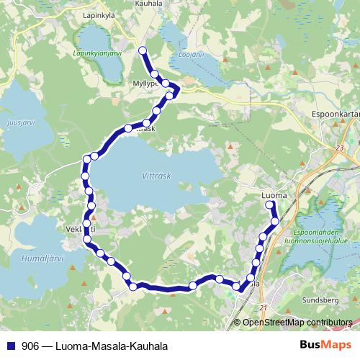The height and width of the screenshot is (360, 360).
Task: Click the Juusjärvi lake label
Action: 19,122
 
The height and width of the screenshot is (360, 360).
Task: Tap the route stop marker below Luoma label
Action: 271,205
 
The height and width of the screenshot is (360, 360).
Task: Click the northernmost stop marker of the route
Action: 142,50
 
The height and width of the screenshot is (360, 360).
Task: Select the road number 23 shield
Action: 339,148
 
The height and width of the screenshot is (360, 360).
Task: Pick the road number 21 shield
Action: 263,308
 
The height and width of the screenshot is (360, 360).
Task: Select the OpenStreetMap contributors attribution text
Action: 297,323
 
